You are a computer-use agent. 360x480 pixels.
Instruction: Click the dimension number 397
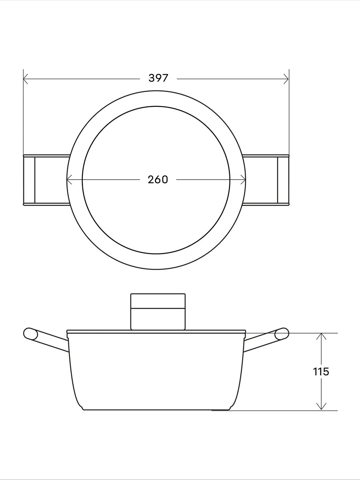click(x=158, y=78)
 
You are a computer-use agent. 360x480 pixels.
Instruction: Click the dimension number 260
click(x=158, y=180)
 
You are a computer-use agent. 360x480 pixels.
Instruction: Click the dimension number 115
click(x=321, y=372)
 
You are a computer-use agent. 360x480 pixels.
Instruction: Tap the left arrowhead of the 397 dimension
click(x=26, y=79)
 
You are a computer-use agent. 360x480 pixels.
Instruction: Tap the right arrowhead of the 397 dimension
click(x=286, y=79)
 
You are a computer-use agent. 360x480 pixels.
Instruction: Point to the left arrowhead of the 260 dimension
click(x=69, y=180)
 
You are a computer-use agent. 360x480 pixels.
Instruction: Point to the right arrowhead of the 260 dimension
click(x=243, y=180)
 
